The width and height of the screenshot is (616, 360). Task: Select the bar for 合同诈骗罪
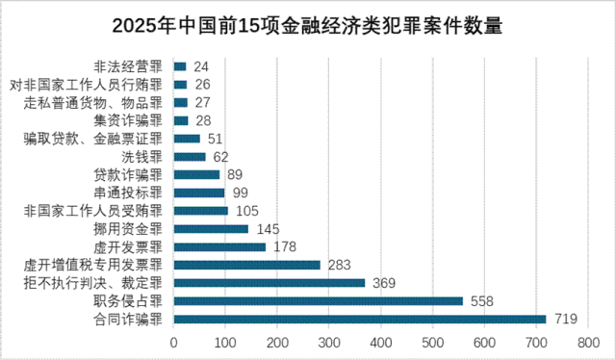coord(360,319)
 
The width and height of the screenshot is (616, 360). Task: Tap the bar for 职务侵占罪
coord(319,300)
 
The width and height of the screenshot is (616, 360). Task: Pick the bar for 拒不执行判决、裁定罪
coord(269,282)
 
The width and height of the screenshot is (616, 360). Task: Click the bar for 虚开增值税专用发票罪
coord(247,265)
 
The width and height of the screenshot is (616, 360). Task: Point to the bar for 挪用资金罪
coord(212,229)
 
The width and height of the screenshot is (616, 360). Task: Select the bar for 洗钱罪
coord(191,157)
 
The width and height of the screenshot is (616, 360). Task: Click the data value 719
coord(564,319)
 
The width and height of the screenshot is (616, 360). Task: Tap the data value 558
coord(481,300)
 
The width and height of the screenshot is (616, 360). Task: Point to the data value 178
coord(285,247)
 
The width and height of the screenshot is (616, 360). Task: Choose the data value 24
coord(201,67)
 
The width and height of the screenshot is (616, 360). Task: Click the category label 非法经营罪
coord(128,67)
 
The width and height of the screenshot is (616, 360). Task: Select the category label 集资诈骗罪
coord(128,121)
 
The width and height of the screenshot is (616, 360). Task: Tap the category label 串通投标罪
coord(128,193)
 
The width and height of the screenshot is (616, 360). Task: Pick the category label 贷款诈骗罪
coord(128,175)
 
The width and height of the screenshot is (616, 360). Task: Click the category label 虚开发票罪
coord(128,247)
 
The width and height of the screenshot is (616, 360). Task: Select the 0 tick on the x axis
coord(174,342)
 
